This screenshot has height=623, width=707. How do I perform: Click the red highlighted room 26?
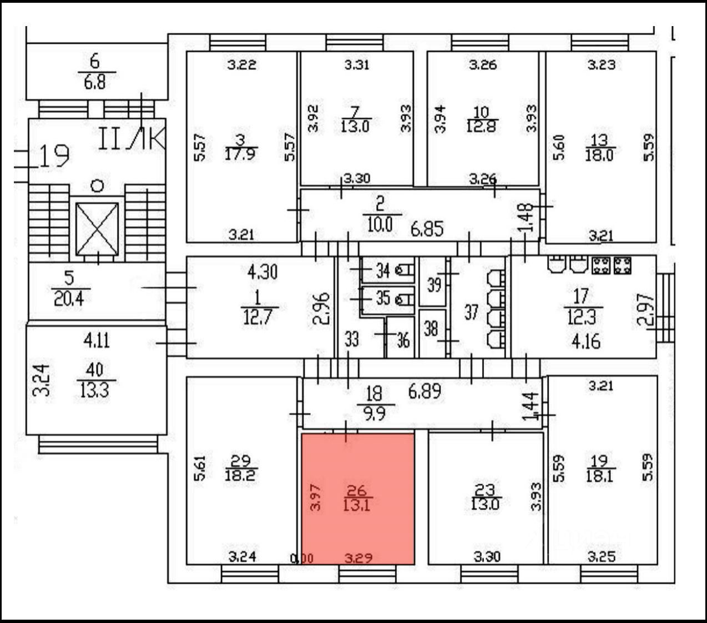point(358,522)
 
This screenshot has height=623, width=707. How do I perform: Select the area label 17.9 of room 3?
point(240,154)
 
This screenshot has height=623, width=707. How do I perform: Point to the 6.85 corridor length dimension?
point(426,228)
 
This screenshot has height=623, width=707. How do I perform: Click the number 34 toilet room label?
point(383,272)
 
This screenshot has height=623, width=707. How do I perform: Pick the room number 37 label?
point(471,312)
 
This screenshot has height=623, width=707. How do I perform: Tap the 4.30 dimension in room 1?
point(262,273)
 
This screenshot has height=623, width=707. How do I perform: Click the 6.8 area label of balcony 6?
point(97,83)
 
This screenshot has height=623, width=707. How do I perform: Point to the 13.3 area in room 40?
point(93,391)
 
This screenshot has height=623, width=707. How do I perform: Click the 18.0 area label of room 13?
point(599,154)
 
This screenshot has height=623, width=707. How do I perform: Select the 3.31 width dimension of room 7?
point(356,65)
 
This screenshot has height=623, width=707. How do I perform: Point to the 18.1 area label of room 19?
point(599,475)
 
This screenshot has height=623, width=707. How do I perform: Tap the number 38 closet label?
point(431,329)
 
